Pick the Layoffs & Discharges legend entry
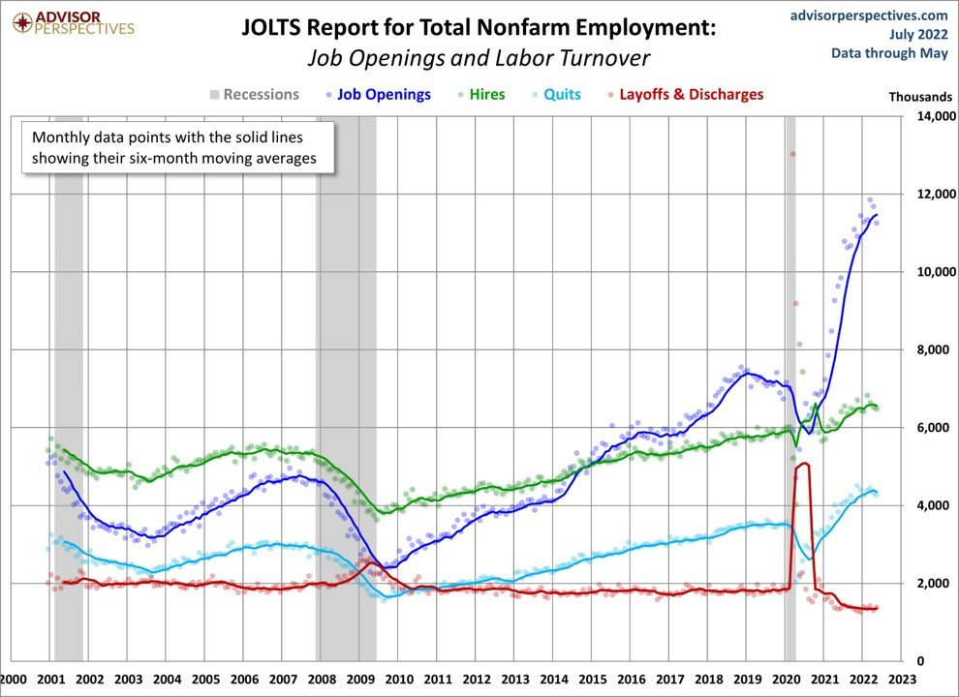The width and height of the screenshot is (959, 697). click(x=690, y=95)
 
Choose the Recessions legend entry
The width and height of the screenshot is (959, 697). click(x=260, y=95)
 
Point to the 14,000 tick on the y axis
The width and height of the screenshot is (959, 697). click(x=929, y=117)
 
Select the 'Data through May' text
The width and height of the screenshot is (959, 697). click(x=889, y=52)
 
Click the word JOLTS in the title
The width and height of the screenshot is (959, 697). click(x=277, y=28)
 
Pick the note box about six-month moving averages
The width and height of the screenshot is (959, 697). click(x=177, y=147)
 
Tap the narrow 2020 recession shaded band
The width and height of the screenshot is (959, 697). click(x=790, y=387)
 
